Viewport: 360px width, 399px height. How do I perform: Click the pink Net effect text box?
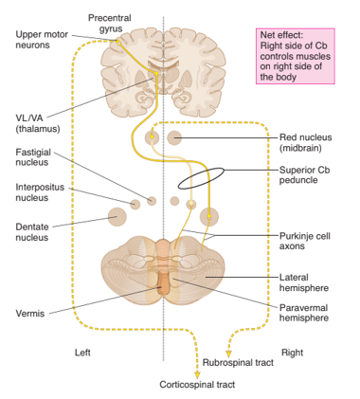[x=300, y=56]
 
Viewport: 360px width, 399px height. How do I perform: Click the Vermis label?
[x=31, y=312]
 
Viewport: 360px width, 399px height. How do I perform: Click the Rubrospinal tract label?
[x=238, y=362]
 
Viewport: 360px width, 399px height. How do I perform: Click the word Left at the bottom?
[x=84, y=352]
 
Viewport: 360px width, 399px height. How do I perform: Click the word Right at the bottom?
[x=292, y=352]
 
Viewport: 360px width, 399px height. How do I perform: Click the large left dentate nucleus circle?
[x=117, y=217]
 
